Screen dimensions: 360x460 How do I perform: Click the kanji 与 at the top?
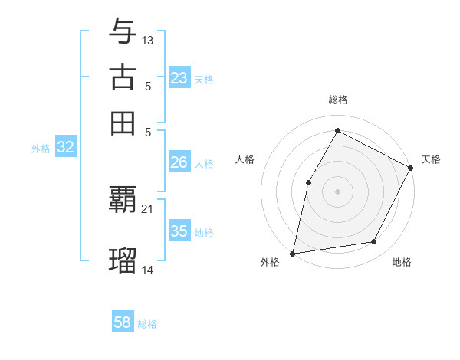[x=123, y=33]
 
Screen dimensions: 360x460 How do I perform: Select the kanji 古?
[x=123, y=77]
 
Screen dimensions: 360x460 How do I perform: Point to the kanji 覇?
[x=123, y=201]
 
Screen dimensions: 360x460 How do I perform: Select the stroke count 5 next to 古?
[x=148, y=86]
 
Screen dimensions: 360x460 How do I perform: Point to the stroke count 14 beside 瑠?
[x=148, y=269]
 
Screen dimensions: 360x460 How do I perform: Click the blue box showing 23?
[x=179, y=78]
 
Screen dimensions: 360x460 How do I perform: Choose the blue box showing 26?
[x=179, y=162]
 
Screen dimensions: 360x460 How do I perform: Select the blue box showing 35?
[x=179, y=231]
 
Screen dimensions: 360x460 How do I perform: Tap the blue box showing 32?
[x=65, y=148]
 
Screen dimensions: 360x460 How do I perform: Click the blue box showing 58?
[x=122, y=322]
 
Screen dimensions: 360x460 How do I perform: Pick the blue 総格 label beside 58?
[x=147, y=324]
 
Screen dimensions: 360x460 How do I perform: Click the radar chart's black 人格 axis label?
[x=245, y=159]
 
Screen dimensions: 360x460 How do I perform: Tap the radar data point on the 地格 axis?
[x=374, y=241]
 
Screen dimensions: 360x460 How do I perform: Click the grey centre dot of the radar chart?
[x=337, y=191]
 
